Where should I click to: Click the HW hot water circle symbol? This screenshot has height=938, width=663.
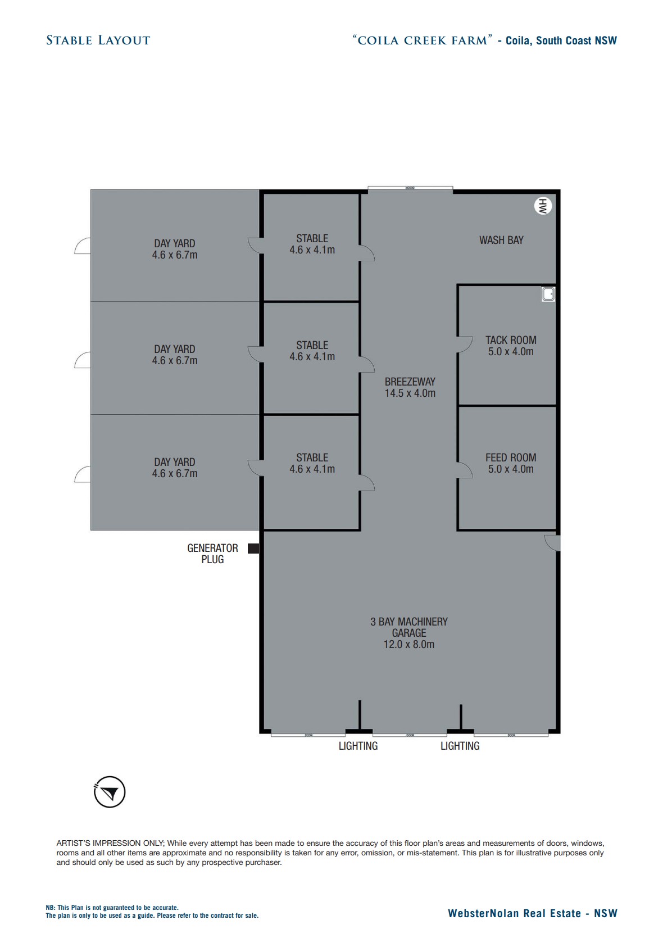pyautogui.click(x=542, y=206)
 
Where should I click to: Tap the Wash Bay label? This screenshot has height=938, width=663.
pyautogui.click(x=501, y=240)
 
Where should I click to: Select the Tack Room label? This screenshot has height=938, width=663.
pyautogui.click(x=511, y=340)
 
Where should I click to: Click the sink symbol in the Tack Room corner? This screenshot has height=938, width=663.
pyautogui.click(x=548, y=294)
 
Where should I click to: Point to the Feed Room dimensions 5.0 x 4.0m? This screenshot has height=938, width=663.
pyautogui.click(x=511, y=469)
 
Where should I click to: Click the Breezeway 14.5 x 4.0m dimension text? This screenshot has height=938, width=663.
pyautogui.click(x=410, y=393)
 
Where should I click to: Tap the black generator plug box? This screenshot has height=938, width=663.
pyautogui.click(x=253, y=549)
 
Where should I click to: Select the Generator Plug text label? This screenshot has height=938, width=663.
pyautogui.click(x=212, y=554)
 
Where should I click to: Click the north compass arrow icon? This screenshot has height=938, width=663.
pyautogui.click(x=110, y=792)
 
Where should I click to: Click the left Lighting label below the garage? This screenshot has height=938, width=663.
pyautogui.click(x=358, y=746)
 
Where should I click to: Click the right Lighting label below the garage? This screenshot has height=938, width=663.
pyautogui.click(x=460, y=746)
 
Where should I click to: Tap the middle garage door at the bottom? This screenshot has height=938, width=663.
pyautogui.click(x=410, y=735)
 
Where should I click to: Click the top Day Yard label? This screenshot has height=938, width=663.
pyautogui.click(x=175, y=243)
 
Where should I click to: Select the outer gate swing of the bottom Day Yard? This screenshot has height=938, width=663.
pyautogui.click(x=82, y=475)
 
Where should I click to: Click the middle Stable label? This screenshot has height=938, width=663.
pyautogui.click(x=312, y=345)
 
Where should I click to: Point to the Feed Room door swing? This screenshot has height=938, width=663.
pyautogui.click(x=465, y=470)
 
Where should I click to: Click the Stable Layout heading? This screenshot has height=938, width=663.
pyautogui.click(x=98, y=40)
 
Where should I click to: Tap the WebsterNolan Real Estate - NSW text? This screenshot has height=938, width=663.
pyautogui.click(x=532, y=913)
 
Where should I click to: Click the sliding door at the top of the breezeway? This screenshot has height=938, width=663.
pyautogui.click(x=410, y=188)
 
